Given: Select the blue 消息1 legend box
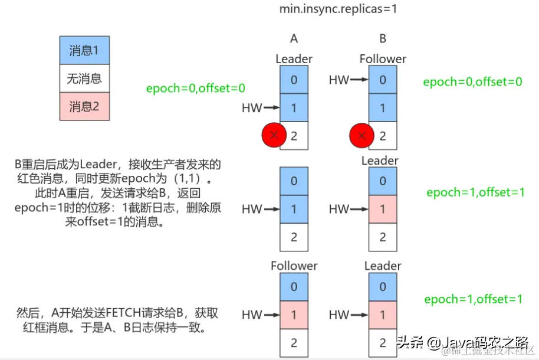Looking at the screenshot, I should click(x=84, y=50).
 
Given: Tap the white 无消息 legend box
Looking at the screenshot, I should click(x=84, y=78).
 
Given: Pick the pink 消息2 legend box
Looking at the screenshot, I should click(x=84, y=107).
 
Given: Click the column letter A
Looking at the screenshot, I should click(x=294, y=39).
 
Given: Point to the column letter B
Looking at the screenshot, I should click(x=383, y=39).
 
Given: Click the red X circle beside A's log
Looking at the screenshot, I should click(x=274, y=136).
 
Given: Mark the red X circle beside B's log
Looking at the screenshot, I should click(x=361, y=136).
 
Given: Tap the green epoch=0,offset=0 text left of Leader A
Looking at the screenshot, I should click(x=195, y=89).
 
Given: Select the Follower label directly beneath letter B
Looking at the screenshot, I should click(x=383, y=59).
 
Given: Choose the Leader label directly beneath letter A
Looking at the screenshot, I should click(x=294, y=59).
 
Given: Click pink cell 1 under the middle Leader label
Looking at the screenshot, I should click(x=383, y=209).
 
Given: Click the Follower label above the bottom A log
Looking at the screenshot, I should click(x=294, y=266).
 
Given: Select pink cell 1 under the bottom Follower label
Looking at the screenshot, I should click(x=294, y=315).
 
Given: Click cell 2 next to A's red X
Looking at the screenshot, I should click(x=294, y=136).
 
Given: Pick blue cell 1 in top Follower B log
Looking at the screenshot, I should click(x=383, y=108).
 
